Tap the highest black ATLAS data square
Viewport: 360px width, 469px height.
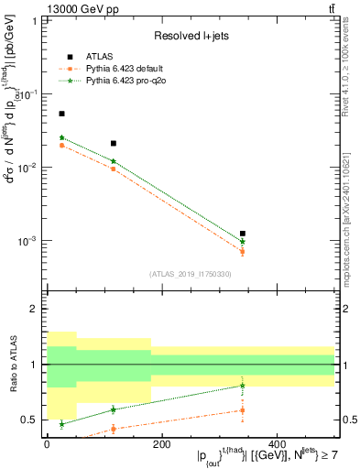[x=61, y=114]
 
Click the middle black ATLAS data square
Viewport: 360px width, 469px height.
[x=113, y=143]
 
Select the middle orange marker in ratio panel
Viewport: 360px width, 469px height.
[x=113, y=429]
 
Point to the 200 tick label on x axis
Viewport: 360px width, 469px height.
[x=161, y=444]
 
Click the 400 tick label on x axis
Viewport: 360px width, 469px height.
[x=276, y=444]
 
